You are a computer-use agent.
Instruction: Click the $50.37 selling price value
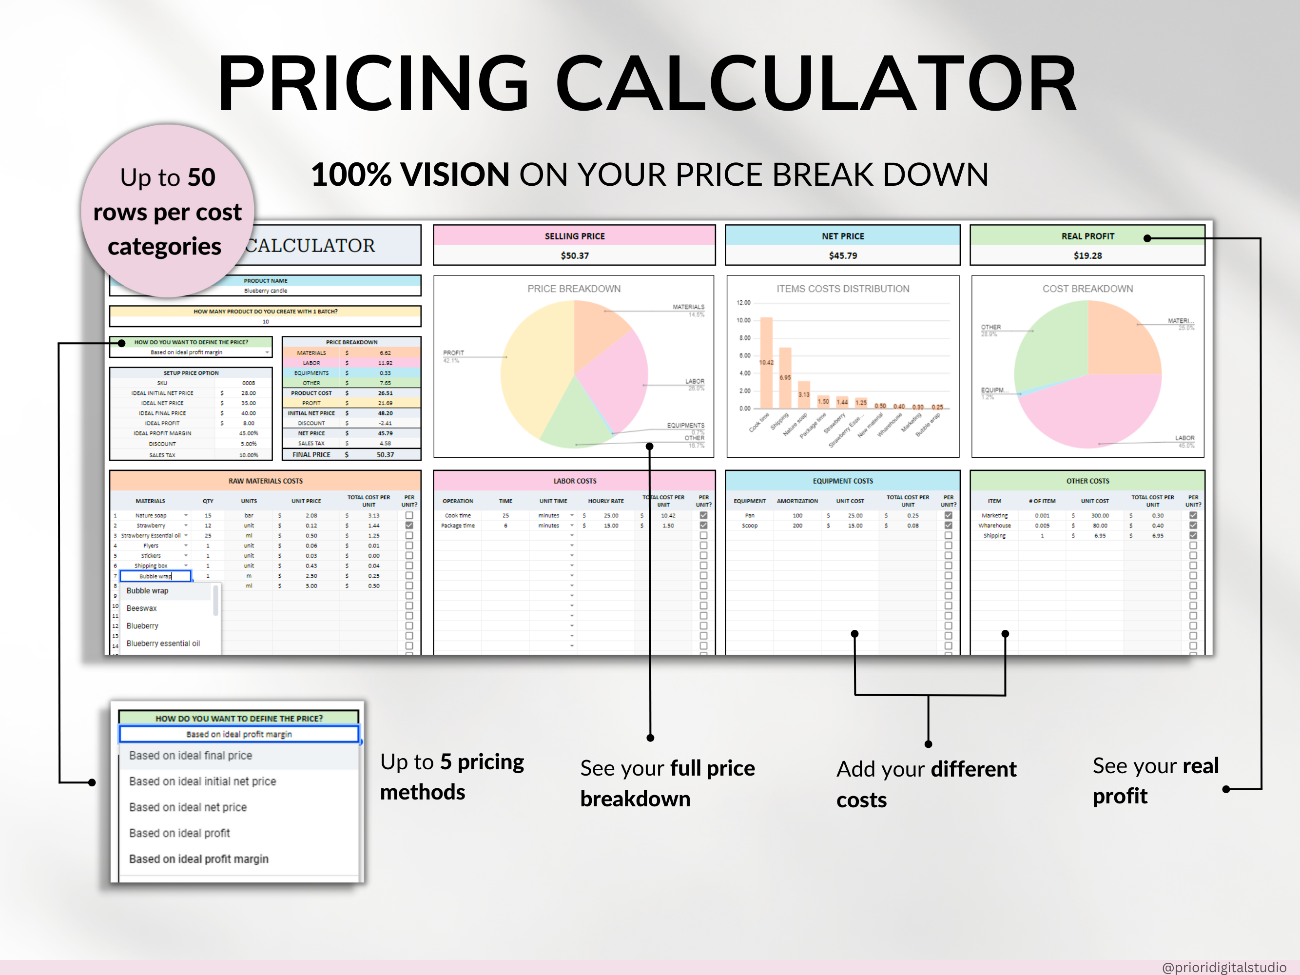click(574, 255)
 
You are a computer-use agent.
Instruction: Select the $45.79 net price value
click(842, 255)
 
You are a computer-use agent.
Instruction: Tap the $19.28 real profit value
click(1087, 255)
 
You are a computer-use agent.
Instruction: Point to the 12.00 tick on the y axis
click(743, 303)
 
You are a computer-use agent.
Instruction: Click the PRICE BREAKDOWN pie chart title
click(574, 289)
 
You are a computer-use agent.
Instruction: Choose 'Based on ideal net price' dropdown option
click(188, 807)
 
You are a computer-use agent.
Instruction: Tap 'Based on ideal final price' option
click(191, 755)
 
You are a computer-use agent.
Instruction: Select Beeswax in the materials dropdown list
click(142, 608)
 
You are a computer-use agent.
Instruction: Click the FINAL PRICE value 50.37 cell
click(385, 454)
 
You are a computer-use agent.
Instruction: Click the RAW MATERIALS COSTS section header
click(266, 481)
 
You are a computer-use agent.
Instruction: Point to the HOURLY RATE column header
click(606, 501)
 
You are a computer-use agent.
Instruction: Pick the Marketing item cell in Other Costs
click(994, 515)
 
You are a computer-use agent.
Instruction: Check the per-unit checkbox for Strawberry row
click(409, 526)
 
